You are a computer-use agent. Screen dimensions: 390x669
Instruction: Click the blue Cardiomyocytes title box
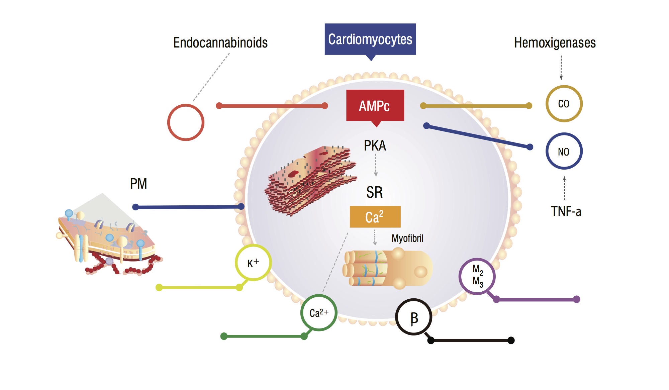tap(370, 39)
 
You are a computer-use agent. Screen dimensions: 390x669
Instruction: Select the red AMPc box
tap(375, 106)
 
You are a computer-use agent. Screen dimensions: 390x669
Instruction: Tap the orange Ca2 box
tap(375, 217)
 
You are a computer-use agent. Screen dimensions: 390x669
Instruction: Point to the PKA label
tap(375, 146)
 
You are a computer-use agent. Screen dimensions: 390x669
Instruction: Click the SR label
tap(374, 192)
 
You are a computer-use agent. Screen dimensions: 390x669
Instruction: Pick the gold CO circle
tap(564, 104)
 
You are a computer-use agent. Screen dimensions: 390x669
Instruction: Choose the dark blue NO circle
tap(564, 151)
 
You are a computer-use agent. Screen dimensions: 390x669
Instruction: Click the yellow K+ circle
tap(253, 263)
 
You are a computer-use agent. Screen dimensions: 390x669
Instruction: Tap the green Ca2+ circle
tap(319, 313)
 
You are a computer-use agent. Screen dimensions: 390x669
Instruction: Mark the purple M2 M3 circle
tap(477, 276)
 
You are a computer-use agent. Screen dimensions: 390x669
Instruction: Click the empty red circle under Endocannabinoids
tap(186, 122)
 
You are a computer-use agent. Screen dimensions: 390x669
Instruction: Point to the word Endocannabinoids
tap(220, 43)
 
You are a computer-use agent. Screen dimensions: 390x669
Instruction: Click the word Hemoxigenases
tap(555, 43)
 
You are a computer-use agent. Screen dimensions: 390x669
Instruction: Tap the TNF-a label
tap(566, 211)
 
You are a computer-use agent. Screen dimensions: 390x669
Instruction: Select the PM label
tap(138, 184)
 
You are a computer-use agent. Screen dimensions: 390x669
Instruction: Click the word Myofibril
tap(407, 238)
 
